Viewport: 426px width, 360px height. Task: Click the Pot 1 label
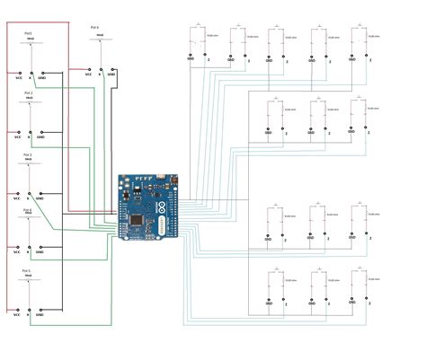(28, 33)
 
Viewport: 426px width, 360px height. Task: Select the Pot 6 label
(95, 28)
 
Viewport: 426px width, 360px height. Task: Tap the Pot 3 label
(27, 154)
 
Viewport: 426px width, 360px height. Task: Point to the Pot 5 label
(27, 270)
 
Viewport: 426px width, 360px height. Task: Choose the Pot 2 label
(28, 92)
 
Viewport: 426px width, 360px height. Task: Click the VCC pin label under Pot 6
(89, 75)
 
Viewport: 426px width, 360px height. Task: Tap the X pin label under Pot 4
(29, 256)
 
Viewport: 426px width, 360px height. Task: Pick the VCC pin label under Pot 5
(16, 315)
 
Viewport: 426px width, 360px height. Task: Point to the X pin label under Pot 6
(101, 75)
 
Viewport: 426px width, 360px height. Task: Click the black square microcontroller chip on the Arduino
(136, 219)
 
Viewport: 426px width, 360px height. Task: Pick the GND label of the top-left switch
(191, 59)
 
